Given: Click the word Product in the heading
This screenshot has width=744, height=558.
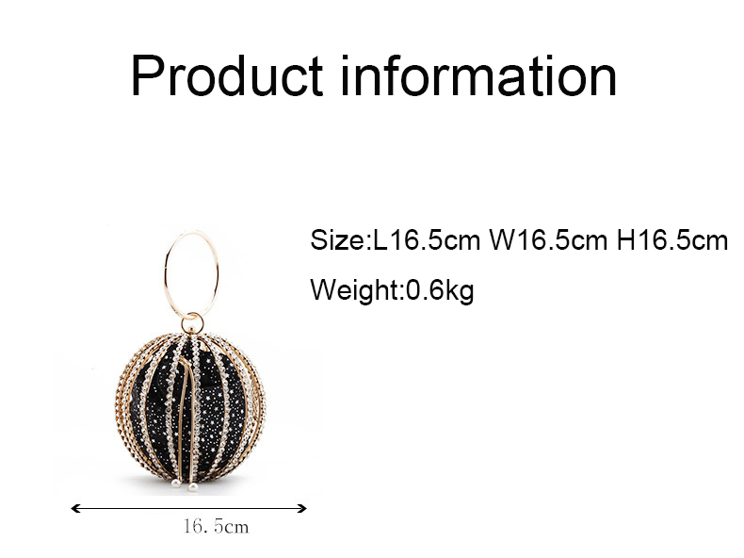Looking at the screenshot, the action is pyautogui.click(x=227, y=75).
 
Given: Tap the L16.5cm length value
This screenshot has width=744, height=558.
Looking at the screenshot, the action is pyautogui.click(x=427, y=239).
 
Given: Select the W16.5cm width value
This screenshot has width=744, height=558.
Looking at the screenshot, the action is pyautogui.click(x=548, y=239).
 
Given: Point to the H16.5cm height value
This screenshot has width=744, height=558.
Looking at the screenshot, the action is pyautogui.click(x=672, y=239).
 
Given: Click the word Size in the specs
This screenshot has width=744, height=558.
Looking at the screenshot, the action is pyautogui.click(x=337, y=239).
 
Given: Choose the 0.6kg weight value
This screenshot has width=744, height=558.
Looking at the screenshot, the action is pyautogui.click(x=440, y=289).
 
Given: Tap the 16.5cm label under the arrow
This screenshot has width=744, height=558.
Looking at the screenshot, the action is pyautogui.click(x=217, y=526).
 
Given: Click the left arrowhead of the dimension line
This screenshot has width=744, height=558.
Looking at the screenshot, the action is pyautogui.click(x=74, y=509).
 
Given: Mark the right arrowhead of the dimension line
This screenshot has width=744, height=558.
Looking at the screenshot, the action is pyautogui.click(x=302, y=509).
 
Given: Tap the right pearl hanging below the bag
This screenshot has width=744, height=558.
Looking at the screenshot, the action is pyautogui.click(x=193, y=487).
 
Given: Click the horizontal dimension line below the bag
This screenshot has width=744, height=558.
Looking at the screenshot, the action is pyautogui.click(x=189, y=509).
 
